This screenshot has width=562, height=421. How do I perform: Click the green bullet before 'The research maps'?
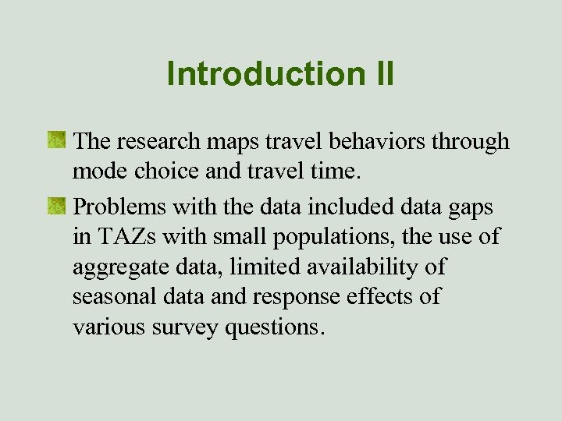click(x=56, y=140)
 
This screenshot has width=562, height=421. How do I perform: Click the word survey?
click(x=183, y=328)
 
